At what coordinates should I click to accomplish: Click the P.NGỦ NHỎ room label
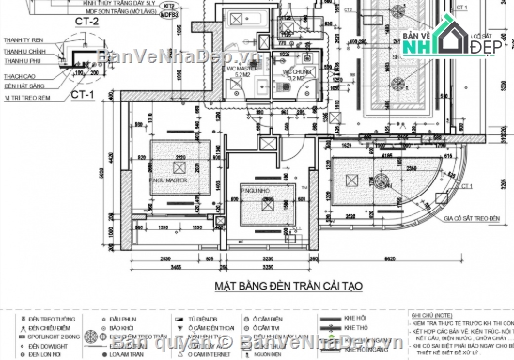click(x=257, y=190)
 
